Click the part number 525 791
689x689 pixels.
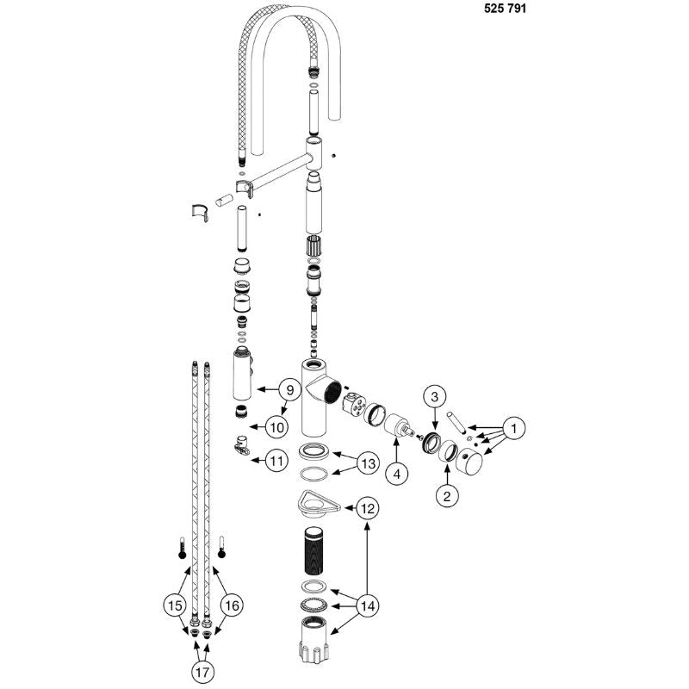pos(505,9)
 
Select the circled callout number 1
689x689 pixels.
pos(513,427)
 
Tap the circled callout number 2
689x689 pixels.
pos(447,496)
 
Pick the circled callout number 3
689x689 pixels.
pos(434,397)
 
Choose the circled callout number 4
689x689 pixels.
pos(397,475)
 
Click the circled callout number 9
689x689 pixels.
pos(289,389)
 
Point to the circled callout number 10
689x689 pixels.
pos(276,427)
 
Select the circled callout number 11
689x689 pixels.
pos(276,461)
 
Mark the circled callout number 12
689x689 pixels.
pos(368,508)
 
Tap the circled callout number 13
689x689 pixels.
pos(368,463)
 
